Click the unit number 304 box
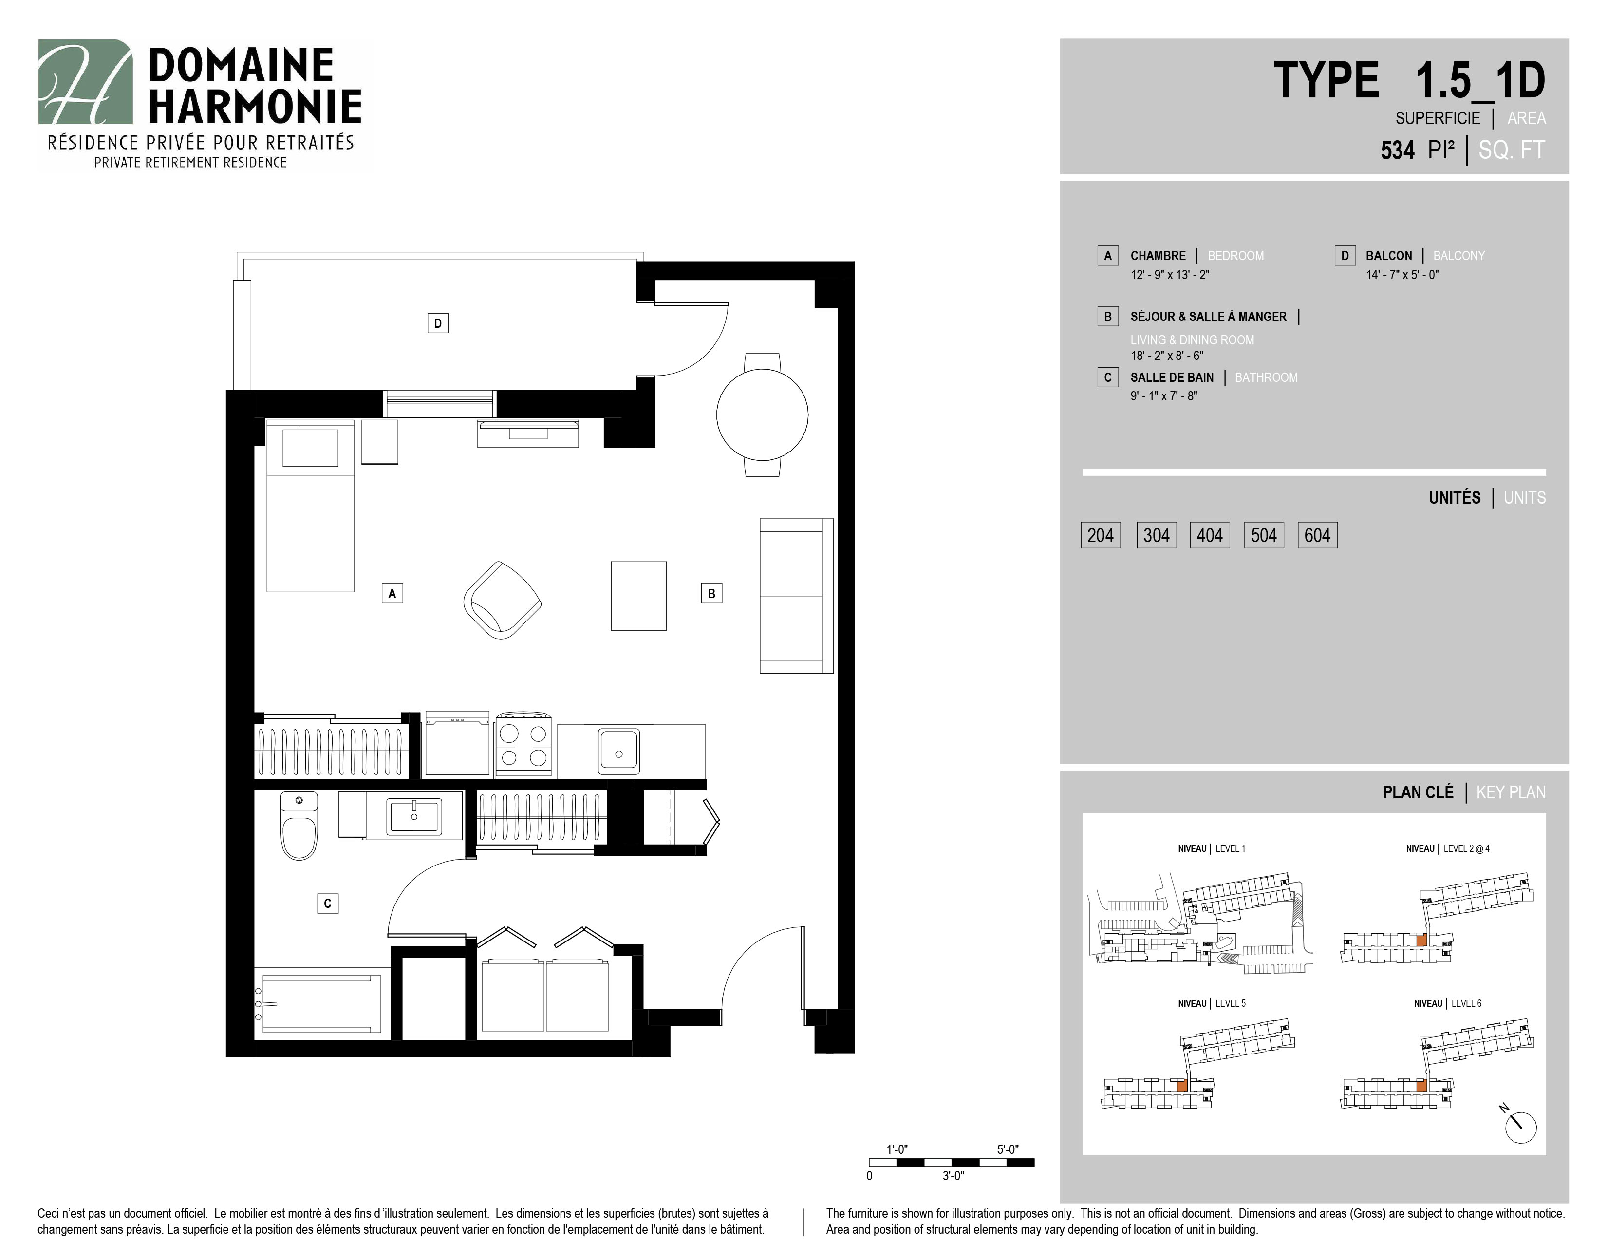tap(1156, 535)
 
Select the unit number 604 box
tap(1317, 535)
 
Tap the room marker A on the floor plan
tap(392, 593)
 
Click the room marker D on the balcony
tap(438, 323)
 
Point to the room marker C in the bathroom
tap(327, 903)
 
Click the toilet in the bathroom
tap(299, 826)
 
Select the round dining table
tap(762, 415)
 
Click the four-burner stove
tap(523, 744)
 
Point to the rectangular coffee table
tap(639, 596)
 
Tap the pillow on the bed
tap(311, 447)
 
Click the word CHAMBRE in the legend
tap(1158, 255)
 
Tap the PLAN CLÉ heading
tap(1418, 792)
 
